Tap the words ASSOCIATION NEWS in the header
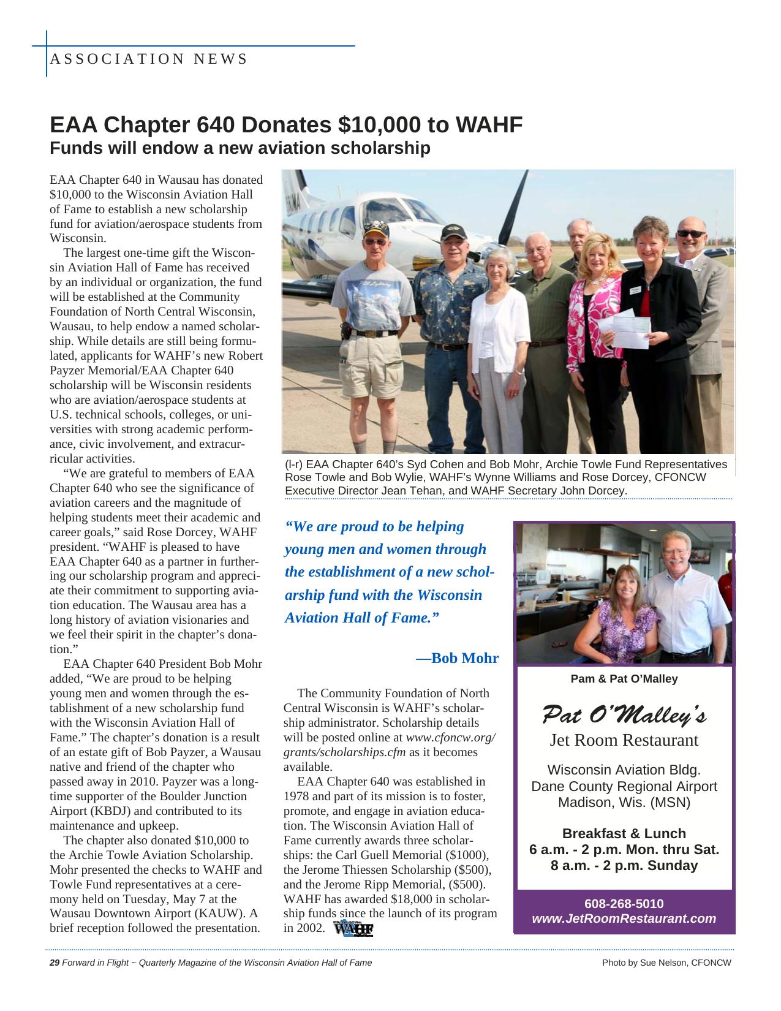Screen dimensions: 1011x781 click(148, 59)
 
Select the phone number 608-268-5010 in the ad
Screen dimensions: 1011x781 click(624, 904)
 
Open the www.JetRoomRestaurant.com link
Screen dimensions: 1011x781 click(624, 918)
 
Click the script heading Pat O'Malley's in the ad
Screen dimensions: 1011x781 click(624, 714)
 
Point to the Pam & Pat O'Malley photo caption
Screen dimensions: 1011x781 click(624, 679)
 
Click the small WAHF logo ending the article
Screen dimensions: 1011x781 click(353, 928)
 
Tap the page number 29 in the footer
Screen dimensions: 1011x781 click(54, 963)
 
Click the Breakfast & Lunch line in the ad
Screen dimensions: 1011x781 click(624, 833)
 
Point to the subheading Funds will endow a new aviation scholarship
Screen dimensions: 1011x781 click(240, 148)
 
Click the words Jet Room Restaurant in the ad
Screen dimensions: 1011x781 click(624, 740)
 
